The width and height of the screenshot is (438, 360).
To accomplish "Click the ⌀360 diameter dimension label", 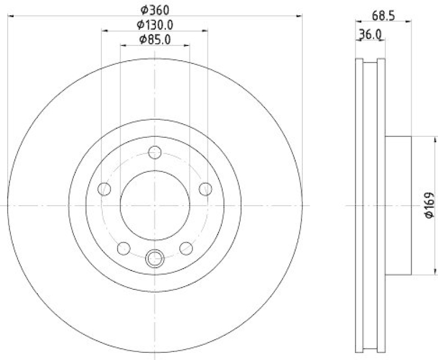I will coord(155,9).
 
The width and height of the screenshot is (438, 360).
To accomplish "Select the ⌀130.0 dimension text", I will coord(155,25).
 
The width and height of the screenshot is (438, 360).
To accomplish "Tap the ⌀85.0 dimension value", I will coord(155,39).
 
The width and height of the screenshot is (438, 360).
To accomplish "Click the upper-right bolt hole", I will coord(205,189).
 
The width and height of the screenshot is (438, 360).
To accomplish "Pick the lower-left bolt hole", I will coord(124,248).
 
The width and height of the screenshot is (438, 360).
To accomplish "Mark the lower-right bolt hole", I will coord(186,248).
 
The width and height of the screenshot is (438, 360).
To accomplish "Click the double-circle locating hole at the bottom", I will coord(155,257).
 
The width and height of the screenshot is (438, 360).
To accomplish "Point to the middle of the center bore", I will coord(155,205).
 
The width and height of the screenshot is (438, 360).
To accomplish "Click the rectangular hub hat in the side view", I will coord(398,205).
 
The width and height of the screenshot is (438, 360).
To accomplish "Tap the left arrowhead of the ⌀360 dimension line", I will coord(10,16).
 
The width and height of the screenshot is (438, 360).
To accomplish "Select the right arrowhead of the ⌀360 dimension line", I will coord(299,16).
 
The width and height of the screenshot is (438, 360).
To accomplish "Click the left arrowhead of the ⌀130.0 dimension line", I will coord(104,31).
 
